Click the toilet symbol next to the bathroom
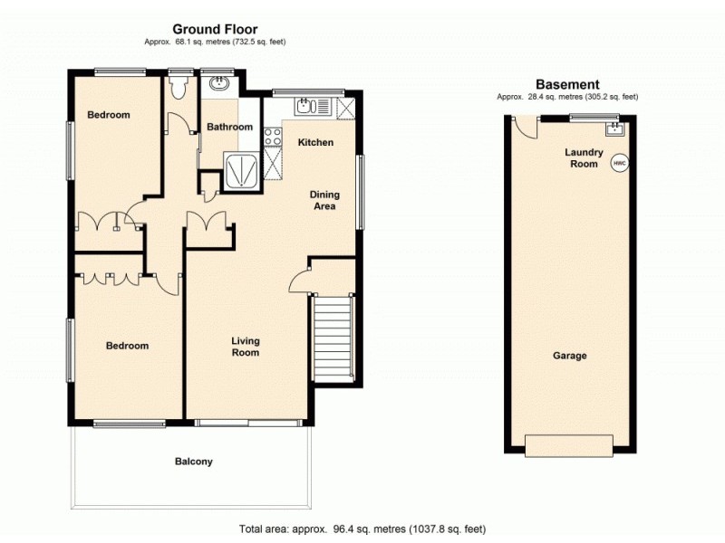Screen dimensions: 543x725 pyautogui.click(x=178, y=88)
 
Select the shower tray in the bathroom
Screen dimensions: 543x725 pyautogui.click(x=242, y=167)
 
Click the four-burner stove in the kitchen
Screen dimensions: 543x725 pyautogui.click(x=272, y=138)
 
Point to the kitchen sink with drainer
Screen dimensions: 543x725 pyautogui.click(x=313, y=106)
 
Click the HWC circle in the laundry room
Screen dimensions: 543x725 pyautogui.click(x=620, y=164)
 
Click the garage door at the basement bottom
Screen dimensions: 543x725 pyautogui.click(x=568, y=445)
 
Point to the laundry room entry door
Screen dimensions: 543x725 pyautogui.click(x=524, y=131)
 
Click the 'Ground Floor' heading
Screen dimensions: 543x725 pyautogui.click(x=215, y=30)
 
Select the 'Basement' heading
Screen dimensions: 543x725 pyautogui.click(x=567, y=84)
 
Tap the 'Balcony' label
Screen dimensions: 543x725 pyautogui.click(x=194, y=462)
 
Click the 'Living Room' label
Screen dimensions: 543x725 pyautogui.click(x=245, y=347)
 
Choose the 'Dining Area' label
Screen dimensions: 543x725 pyautogui.click(x=324, y=200)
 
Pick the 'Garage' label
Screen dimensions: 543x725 pyautogui.click(x=570, y=356)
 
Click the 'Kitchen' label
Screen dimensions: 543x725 pyautogui.click(x=316, y=142)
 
